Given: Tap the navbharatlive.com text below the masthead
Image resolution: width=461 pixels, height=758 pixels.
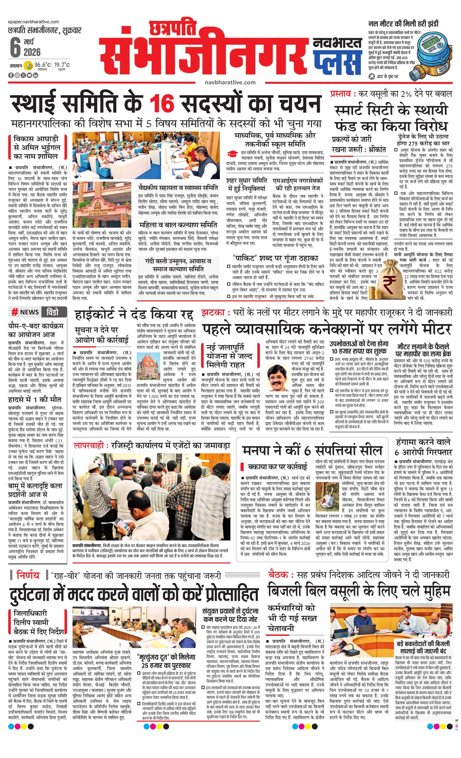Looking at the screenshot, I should [x=230, y=82].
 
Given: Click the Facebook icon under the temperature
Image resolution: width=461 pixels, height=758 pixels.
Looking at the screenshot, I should [x=11, y=75].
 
